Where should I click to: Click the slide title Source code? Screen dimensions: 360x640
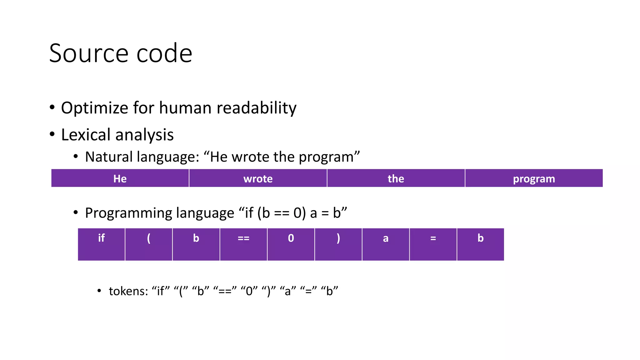(x=121, y=53)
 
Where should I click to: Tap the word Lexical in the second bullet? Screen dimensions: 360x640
(x=86, y=135)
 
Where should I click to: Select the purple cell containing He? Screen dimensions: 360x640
(x=120, y=178)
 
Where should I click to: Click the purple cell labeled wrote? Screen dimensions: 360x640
(x=258, y=178)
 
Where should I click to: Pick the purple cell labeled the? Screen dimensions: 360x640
(x=396, y=178)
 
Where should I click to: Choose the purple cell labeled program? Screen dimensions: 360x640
(x=534, y=178)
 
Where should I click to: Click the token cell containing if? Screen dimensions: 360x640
(x=101, y=244)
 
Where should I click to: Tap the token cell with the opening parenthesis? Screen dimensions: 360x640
(x=149, y=244)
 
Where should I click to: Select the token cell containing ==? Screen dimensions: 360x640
(x=243, y=244)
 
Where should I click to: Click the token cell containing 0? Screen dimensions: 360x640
(x=291, y=244)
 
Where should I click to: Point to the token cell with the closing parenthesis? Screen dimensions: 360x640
(x=338, y=244)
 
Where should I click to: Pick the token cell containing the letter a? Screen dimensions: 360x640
(x=386, y=244)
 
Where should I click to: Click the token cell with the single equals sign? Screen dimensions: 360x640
(x=433, y=244)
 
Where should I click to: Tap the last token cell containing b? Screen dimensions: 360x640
(x=480, y=244)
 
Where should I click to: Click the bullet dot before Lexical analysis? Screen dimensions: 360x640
(x=52, y=134)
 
